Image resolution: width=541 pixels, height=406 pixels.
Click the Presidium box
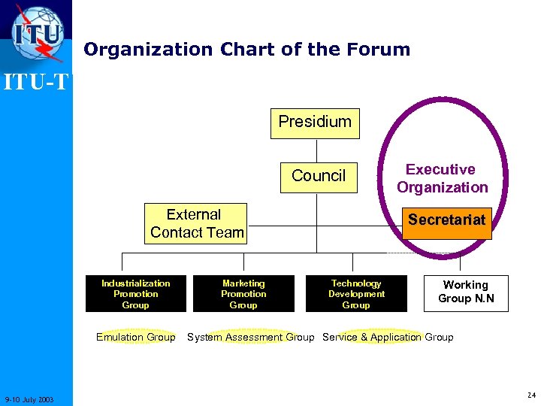[315, 123]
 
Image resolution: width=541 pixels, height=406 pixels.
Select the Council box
[319, 176]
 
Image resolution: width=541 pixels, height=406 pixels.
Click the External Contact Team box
[196, 224]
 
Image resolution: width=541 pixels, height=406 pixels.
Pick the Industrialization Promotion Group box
[135, 294]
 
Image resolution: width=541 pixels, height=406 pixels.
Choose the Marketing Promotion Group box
[243, 294]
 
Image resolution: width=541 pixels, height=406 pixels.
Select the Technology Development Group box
[356, 294]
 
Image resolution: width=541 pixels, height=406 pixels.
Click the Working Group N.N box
[465, 292]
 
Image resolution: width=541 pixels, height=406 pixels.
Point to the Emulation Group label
[136, 338]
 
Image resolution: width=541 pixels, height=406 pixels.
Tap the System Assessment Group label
[250, 338]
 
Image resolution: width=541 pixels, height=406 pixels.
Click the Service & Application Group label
[388, 338]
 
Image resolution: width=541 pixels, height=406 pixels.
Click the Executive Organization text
[442, 179]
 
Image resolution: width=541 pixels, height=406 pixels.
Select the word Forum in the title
[379, 50]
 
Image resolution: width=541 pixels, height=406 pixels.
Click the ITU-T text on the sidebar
[36, 80]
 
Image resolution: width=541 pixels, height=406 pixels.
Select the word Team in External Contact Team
[227, 233]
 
